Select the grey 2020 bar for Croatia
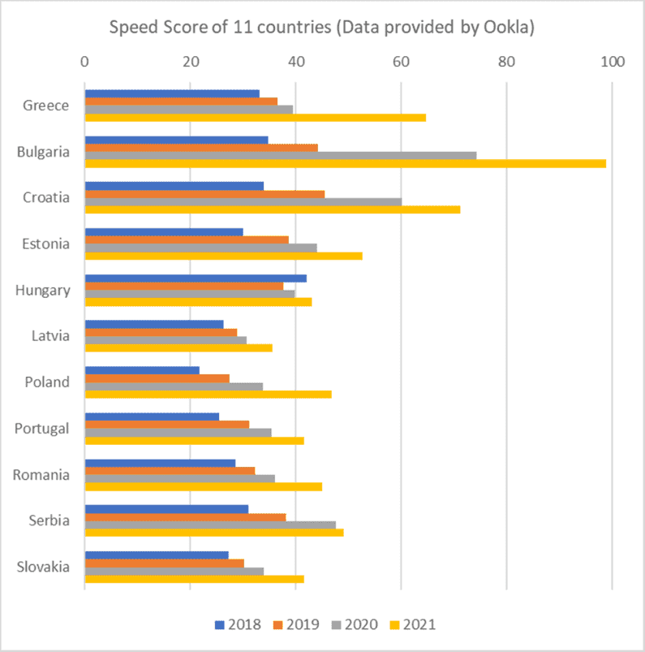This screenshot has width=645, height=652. pyautogui.click(x=243, y=201)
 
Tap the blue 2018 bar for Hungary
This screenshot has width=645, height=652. pyautogui.click(x=196, y=278)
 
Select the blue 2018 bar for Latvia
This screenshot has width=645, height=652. pyautogui.click(x=154, y=324)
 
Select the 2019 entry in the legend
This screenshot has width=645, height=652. pyautogui.click(x=295, y=624)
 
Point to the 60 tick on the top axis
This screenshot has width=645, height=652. pyautogui.click(x=401, y=61)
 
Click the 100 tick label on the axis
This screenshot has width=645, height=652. pyautogui.click(x=612, y=61)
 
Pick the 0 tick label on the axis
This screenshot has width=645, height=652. pyautogui.click(x=84, y=61)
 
